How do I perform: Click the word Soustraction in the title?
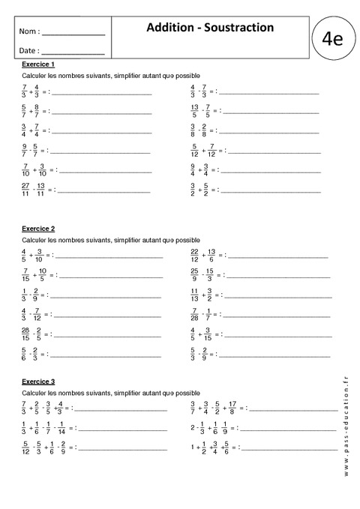point(238,28)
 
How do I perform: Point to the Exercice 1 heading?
point(37,64)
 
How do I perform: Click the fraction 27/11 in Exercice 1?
point(26,187)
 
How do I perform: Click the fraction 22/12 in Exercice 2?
point(195,256)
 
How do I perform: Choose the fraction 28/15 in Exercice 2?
point(26,334)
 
